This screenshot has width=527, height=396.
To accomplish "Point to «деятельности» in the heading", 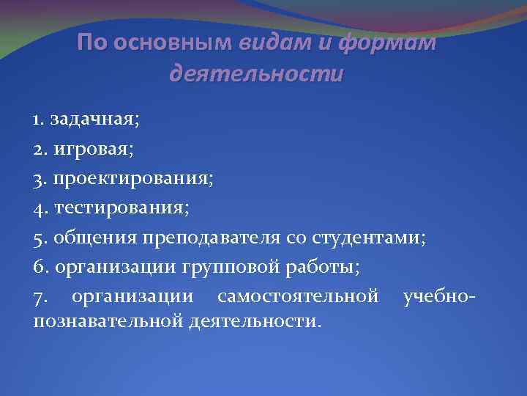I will pyautogui.click(x=255, y=73).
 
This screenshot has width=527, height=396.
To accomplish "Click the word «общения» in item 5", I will pyautogui.click(x=88, y=239).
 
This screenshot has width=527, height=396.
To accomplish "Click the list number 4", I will pyautogui.click(x=38, y=210).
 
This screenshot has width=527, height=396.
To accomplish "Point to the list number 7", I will pyautogui.click(x=38, y=298).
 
